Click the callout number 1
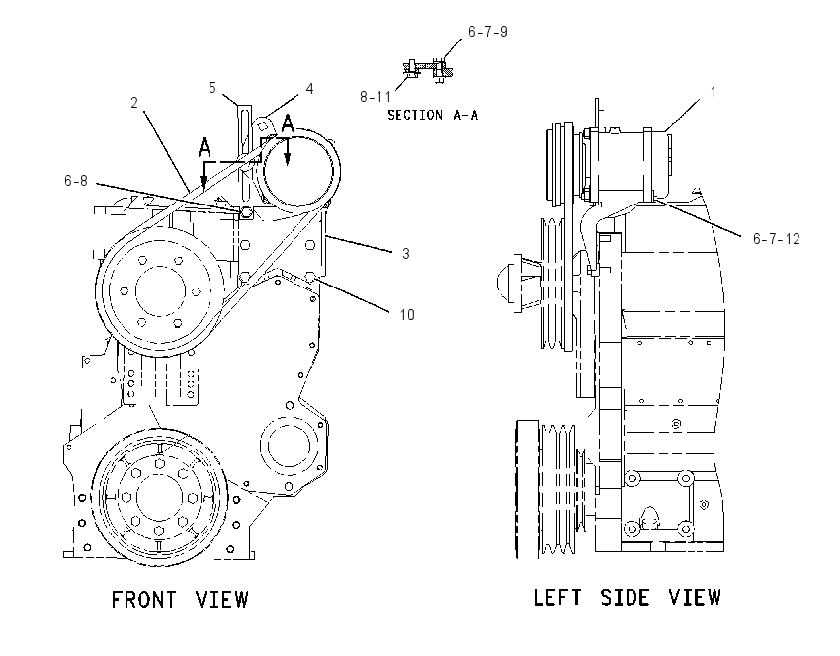coord(714,92)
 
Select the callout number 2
coord(134,103)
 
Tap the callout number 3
coord(406,253)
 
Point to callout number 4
coord(309,88)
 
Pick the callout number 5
coord(212,88)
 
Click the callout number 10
coord(407,315)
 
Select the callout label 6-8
coord(75,181)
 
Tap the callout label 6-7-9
coord(488,32)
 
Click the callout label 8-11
coord(376,97)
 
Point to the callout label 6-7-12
coord(776,239)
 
